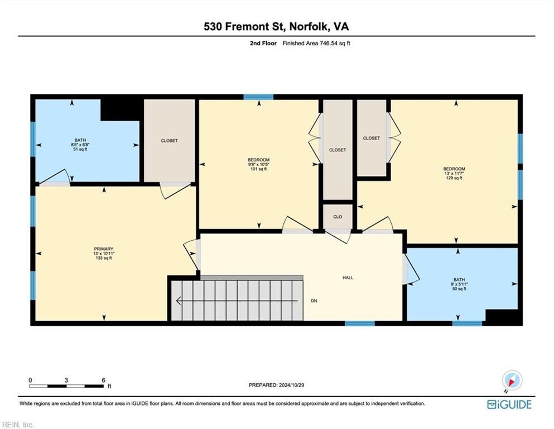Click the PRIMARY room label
pos(104,249)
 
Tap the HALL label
pos(348,278)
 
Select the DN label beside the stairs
pos(314,301)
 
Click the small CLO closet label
pos(338,217)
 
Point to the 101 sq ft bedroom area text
pos(259,169)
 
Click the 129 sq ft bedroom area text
pos(454,178)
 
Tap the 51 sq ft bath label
pos(80,149)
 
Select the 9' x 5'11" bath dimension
pos(459,284)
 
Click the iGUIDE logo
pos(509,404)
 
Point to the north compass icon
pos(512,380)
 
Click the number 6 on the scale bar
pos(104,380)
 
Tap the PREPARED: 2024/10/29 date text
pos(276,385)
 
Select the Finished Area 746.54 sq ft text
pos(316,43)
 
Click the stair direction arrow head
pos(179,301)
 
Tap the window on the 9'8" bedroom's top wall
pos(258,97)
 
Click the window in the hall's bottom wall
pos(360,323)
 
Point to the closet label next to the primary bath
pos(169,140)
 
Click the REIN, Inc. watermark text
pos(18,425)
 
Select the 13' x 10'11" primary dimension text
pos(104,254)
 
